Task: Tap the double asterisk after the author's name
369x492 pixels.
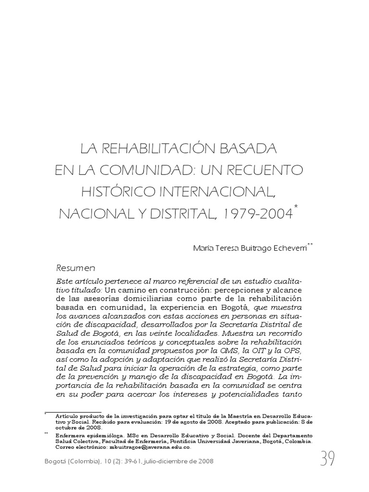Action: tap(310, 245)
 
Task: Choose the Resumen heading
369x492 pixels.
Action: tap(76, 268)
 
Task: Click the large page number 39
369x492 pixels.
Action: tap(327, 460)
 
